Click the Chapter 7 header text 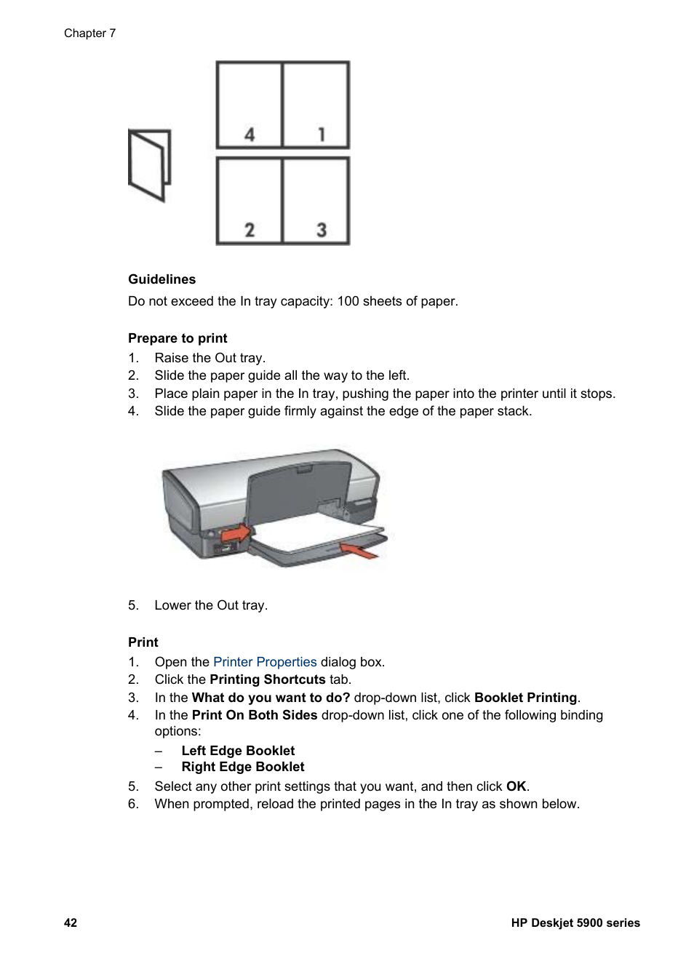coord(89,33)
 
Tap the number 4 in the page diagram coord(250,134)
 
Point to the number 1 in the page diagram coord(321,134)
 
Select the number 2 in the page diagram coord(250,230)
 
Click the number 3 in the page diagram coord(321,230)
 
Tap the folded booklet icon coord(149,165)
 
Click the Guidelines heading coord(161,279)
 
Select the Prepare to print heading coord(178,338)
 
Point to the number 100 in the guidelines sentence coord(348,301)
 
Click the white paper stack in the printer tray coord(320,535)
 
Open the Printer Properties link coord(265,662)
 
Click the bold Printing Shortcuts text coord(267,679)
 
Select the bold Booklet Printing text coord(525,698)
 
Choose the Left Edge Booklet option coord(238,751)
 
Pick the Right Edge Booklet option coord(243,767)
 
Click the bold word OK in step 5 coord(516,786)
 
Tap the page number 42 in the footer coord(71,923)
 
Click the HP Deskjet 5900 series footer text coord(575,923)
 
